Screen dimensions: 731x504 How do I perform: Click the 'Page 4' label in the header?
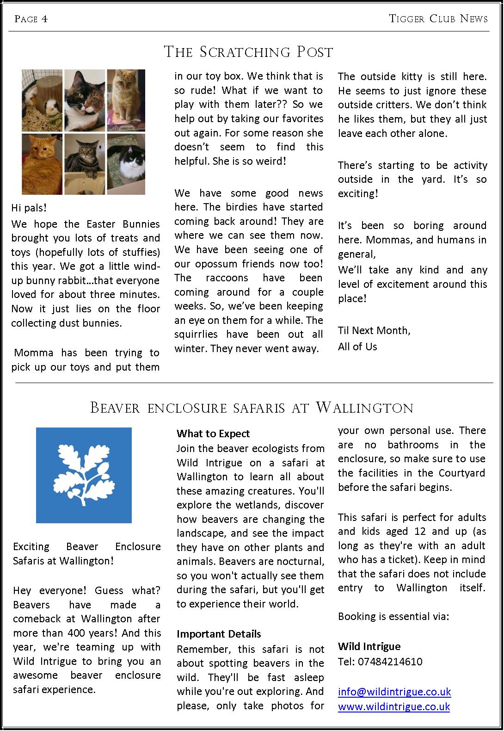coord(31,19)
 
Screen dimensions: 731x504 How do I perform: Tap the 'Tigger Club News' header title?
coord(438,19)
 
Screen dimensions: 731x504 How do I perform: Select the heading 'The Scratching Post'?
coord(248,52)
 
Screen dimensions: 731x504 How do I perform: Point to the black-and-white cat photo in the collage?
coord(126,164)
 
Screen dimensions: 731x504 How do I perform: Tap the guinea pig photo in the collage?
coord(42,100)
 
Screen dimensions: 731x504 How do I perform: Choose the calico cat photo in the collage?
coord(84,100)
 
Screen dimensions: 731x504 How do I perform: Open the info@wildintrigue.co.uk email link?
coord(394,692)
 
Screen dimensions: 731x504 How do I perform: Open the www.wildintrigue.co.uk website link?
coord(393,706)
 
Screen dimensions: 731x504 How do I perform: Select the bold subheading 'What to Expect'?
coord(213,434)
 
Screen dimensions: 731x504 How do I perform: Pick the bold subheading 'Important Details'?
coord(219,634)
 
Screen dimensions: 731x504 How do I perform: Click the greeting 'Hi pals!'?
coord(29,208)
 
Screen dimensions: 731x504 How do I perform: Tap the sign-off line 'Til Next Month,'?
coord(374,330)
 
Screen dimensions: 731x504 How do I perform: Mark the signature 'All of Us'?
coord(357,347)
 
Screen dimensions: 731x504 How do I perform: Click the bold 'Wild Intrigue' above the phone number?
coord(369,646)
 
